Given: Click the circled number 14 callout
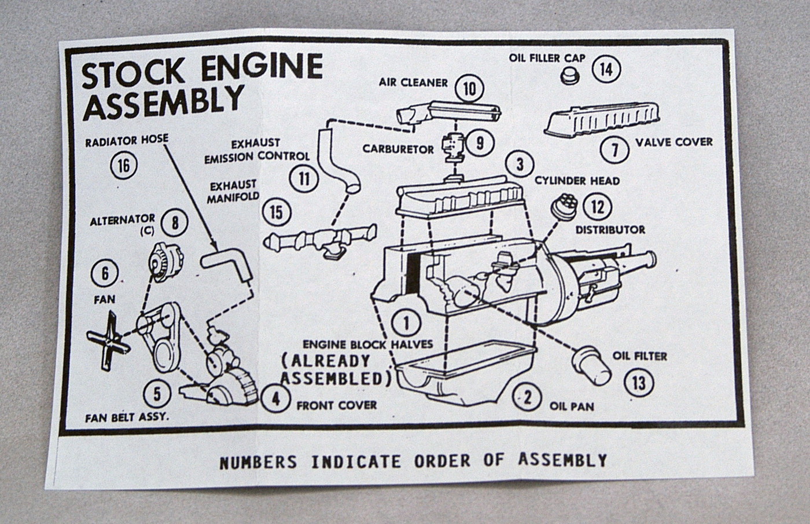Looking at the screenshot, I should (x=606, y=69).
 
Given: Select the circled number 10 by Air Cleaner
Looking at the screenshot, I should (x=469, y=89).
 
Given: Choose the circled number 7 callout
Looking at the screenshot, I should (x=614, y=149).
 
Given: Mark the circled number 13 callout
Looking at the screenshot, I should (x=639, y=382).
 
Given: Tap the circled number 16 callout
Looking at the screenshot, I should (x=124, y=166).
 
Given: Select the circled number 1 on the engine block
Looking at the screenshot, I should (x=406, y=323).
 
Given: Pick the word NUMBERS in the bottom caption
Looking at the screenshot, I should (x=258, y=461).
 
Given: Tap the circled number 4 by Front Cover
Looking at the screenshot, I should (x=275, y=399).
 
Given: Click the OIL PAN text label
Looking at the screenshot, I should (x=572, y=406).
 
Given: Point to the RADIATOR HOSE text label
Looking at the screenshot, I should (x=127, y=141).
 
